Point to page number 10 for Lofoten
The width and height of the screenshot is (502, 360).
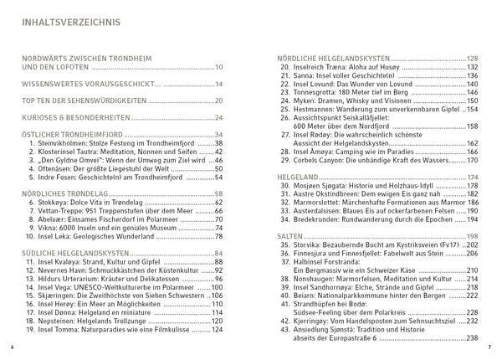click(x=218, y=67)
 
